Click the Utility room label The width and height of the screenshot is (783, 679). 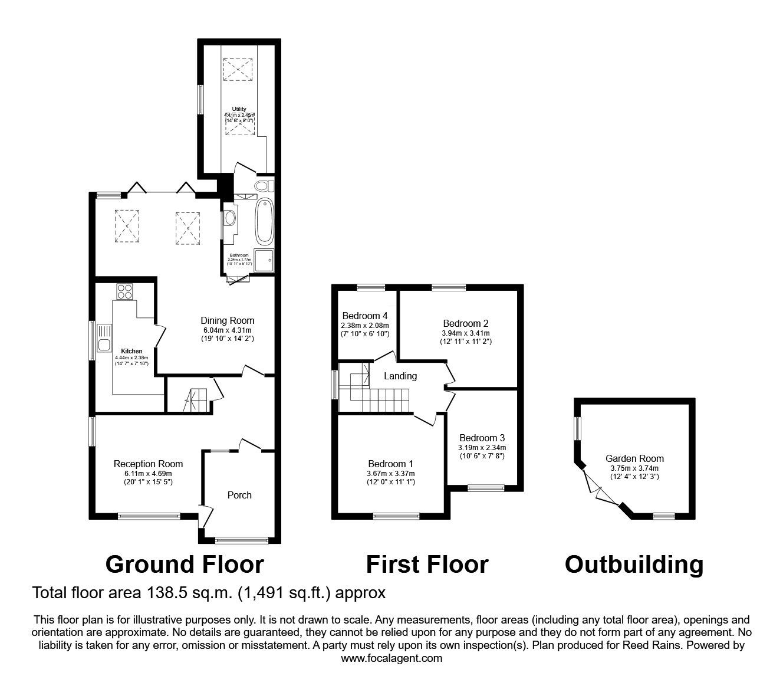(239, 109)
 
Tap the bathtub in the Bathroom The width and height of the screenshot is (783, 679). (265, 222)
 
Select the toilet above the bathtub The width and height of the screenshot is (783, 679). (263, 186)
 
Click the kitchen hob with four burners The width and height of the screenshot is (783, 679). (125, 291)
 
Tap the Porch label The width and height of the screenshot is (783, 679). (239, 495)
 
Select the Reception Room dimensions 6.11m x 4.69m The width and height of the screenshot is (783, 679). (148, 473)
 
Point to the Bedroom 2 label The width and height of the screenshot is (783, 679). (466, 323)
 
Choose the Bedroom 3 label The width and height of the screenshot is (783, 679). (482, 438)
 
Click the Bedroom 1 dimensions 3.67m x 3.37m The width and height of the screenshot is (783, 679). (390, 473)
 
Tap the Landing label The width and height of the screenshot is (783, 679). (400, 376)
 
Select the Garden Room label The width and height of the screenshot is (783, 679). (634, 458)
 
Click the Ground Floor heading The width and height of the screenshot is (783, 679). (184, 565)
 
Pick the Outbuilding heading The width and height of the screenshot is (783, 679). (634, 565)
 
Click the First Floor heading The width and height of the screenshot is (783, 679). (427, 565)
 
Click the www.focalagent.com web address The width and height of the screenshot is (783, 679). (391, 658)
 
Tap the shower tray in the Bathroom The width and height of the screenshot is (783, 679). (264, 260)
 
